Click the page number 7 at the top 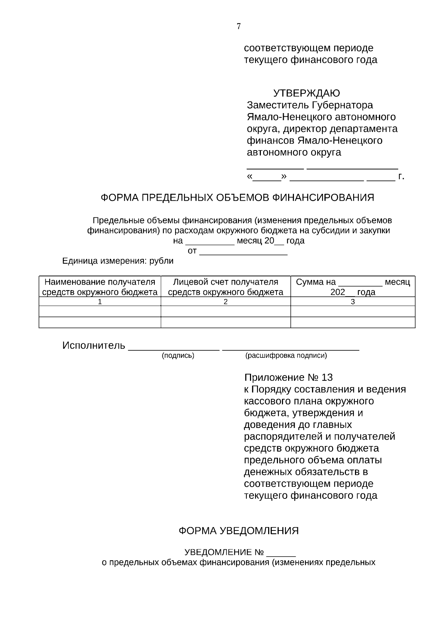click(239, 26)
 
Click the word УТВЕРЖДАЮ click(306, 93)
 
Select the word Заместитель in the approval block click(278, 105)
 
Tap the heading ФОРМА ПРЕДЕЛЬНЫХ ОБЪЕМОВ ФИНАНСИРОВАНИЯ click(237, 197)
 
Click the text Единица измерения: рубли click(118, 261)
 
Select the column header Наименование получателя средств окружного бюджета click(100, 287)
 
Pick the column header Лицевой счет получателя click(226, 282)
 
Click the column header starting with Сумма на click(353, 287)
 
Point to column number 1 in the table click(100, 302)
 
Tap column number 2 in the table click(226, 302)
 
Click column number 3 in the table click(353, 302)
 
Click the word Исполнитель click(94, 345)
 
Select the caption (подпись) click(178, 356)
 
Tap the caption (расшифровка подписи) click(286, 356)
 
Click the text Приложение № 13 click(288, 377)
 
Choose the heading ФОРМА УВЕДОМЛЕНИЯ click(238, 531)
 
